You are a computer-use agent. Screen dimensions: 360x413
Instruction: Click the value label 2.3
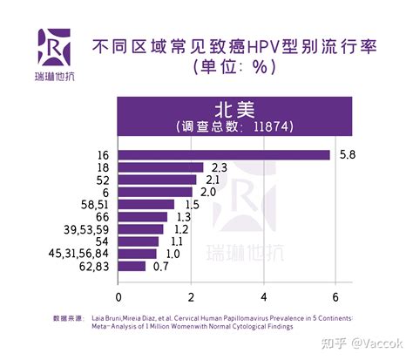coord(219,167)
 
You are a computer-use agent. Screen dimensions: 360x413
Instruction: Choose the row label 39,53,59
coord(87,228)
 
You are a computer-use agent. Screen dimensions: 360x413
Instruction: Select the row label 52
coord(102,180)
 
